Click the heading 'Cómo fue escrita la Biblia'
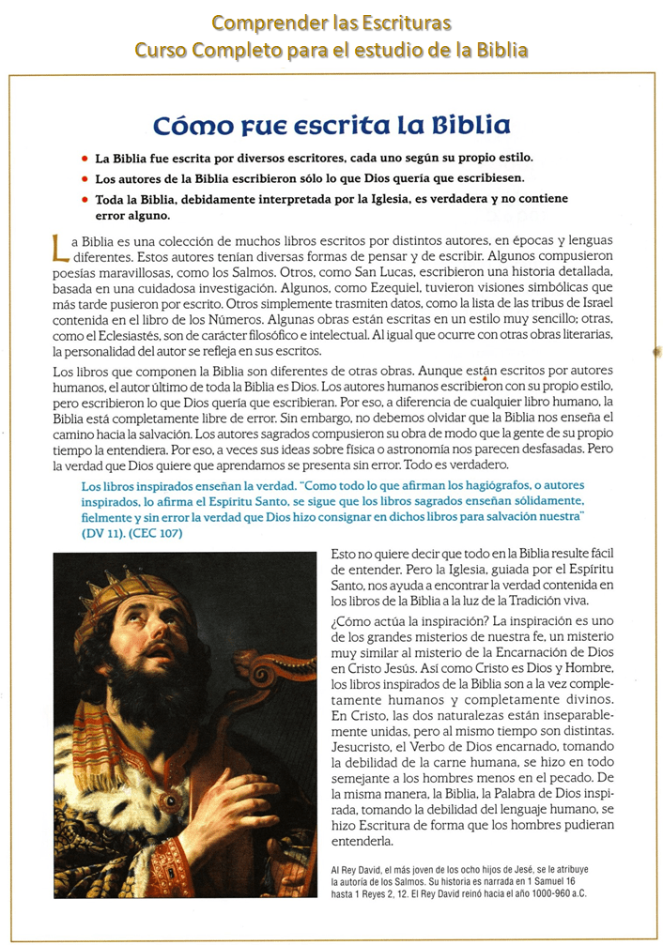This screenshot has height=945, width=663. click(331, 125)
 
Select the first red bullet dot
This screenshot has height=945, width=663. click(85, 158)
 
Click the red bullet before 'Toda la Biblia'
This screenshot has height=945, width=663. click(85, 200)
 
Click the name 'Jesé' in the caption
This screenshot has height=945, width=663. click(521, 870)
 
